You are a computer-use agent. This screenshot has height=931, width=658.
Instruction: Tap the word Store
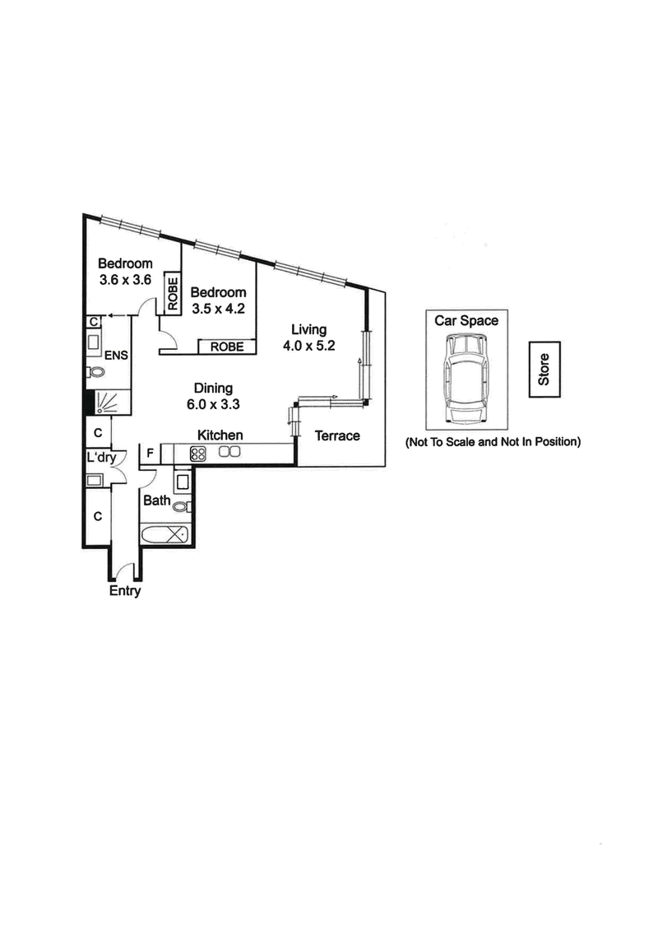point(543,370)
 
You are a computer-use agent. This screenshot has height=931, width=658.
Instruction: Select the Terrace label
point(338,435)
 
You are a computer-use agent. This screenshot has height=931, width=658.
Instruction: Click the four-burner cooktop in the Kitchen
point(198,452)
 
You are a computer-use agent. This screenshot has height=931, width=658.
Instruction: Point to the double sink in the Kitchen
point(229,451)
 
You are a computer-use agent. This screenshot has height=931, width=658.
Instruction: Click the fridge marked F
point(151,452)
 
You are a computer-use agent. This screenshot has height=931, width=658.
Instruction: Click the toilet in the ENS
point(92,372)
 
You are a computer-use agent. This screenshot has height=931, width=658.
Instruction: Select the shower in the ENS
point(107,403)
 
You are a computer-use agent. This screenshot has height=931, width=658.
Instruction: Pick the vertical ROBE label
point(173,294)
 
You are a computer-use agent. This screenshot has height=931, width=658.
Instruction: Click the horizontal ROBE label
point(227,347)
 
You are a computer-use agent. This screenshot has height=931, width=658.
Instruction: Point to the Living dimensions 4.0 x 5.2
point(308,345)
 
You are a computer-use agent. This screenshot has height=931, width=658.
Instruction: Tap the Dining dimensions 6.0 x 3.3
point(213,403)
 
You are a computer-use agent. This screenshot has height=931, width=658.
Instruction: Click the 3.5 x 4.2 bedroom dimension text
point(218,309)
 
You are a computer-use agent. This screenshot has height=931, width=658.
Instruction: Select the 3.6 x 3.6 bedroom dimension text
point(125,279)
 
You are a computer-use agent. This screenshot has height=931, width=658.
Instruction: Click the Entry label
point(125,591)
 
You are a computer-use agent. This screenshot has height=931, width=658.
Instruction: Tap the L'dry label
point(100,458)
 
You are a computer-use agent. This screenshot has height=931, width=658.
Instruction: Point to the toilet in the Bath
point(181,505)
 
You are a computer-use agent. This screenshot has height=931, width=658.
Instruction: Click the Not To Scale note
point(493,442)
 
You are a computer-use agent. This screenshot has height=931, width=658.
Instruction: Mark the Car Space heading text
point(466,320)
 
